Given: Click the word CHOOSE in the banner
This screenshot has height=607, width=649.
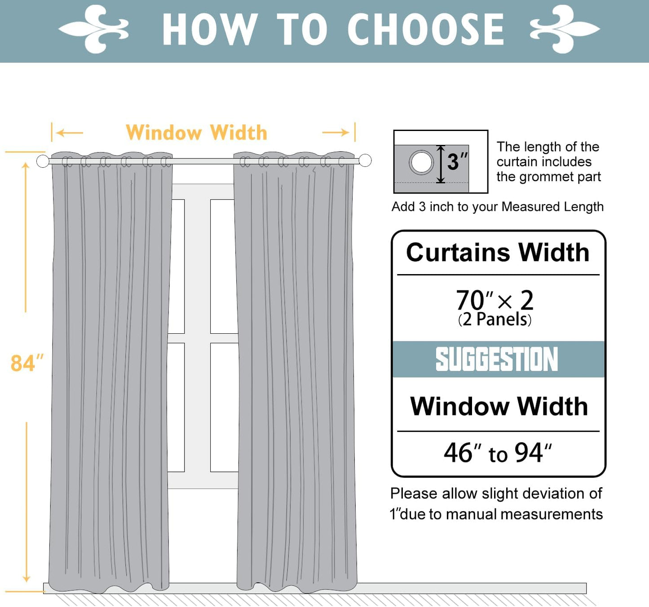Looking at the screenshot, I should (425, 30).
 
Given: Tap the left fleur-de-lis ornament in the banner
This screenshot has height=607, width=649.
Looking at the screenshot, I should (94, 29).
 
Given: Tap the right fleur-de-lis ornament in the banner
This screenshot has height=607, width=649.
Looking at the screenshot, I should (565, 29).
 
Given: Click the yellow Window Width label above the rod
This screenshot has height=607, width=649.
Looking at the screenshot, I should (196, 133).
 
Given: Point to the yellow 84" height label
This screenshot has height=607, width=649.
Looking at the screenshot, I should (26, 363).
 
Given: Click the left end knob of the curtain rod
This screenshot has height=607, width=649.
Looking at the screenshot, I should (43, 161).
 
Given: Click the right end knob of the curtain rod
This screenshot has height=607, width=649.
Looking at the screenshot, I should (365, 160).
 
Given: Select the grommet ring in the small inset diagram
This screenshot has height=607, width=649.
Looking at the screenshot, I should (421, 162).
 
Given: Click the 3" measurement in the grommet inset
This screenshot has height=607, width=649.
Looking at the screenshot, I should (457, 162).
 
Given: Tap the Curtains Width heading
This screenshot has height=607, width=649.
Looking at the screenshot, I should (498, 252).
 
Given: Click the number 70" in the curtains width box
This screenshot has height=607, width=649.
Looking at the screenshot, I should (473, 300).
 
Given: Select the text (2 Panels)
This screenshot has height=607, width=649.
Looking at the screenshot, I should (494, 319).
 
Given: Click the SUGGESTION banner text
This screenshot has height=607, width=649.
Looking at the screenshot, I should (497, 359).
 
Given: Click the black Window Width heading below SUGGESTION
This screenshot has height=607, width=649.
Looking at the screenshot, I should (499, 406).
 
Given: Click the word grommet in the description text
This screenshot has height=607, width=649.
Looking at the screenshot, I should (547, 177).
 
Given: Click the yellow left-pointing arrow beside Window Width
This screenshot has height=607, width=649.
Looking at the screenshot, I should (70, 133).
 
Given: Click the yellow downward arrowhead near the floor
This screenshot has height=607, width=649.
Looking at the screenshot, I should (26, 578).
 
